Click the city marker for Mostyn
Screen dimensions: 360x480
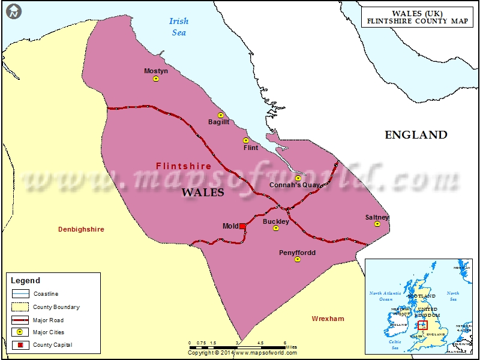click(x=156, y=79)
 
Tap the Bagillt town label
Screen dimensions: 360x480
click(x=218, y=122)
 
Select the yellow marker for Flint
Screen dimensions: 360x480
click(x=245, y=140)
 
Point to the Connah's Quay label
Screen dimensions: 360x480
click(x=294, y=185)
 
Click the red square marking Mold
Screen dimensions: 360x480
click(x=242, y=226)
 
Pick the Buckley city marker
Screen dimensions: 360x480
click(x=276, y=228)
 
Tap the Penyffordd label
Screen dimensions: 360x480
click(x=297, y=253)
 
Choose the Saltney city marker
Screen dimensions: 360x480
click(x=377, y=224)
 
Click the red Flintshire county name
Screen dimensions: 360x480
click(x=184, y=166)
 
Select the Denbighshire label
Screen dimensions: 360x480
click(x=81, y=229)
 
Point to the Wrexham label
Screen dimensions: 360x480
click(x=328, y=319)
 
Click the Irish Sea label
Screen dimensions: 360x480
click(x=179, y=27)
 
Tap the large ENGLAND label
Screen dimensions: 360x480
click(x=416, y=135)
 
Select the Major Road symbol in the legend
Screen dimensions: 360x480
click(x=20, y=320)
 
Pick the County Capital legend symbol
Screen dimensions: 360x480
click(x=20, y=345)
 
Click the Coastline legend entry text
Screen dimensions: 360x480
click(x=46, y=294)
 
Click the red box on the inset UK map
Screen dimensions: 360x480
click(x=422, y=325)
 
